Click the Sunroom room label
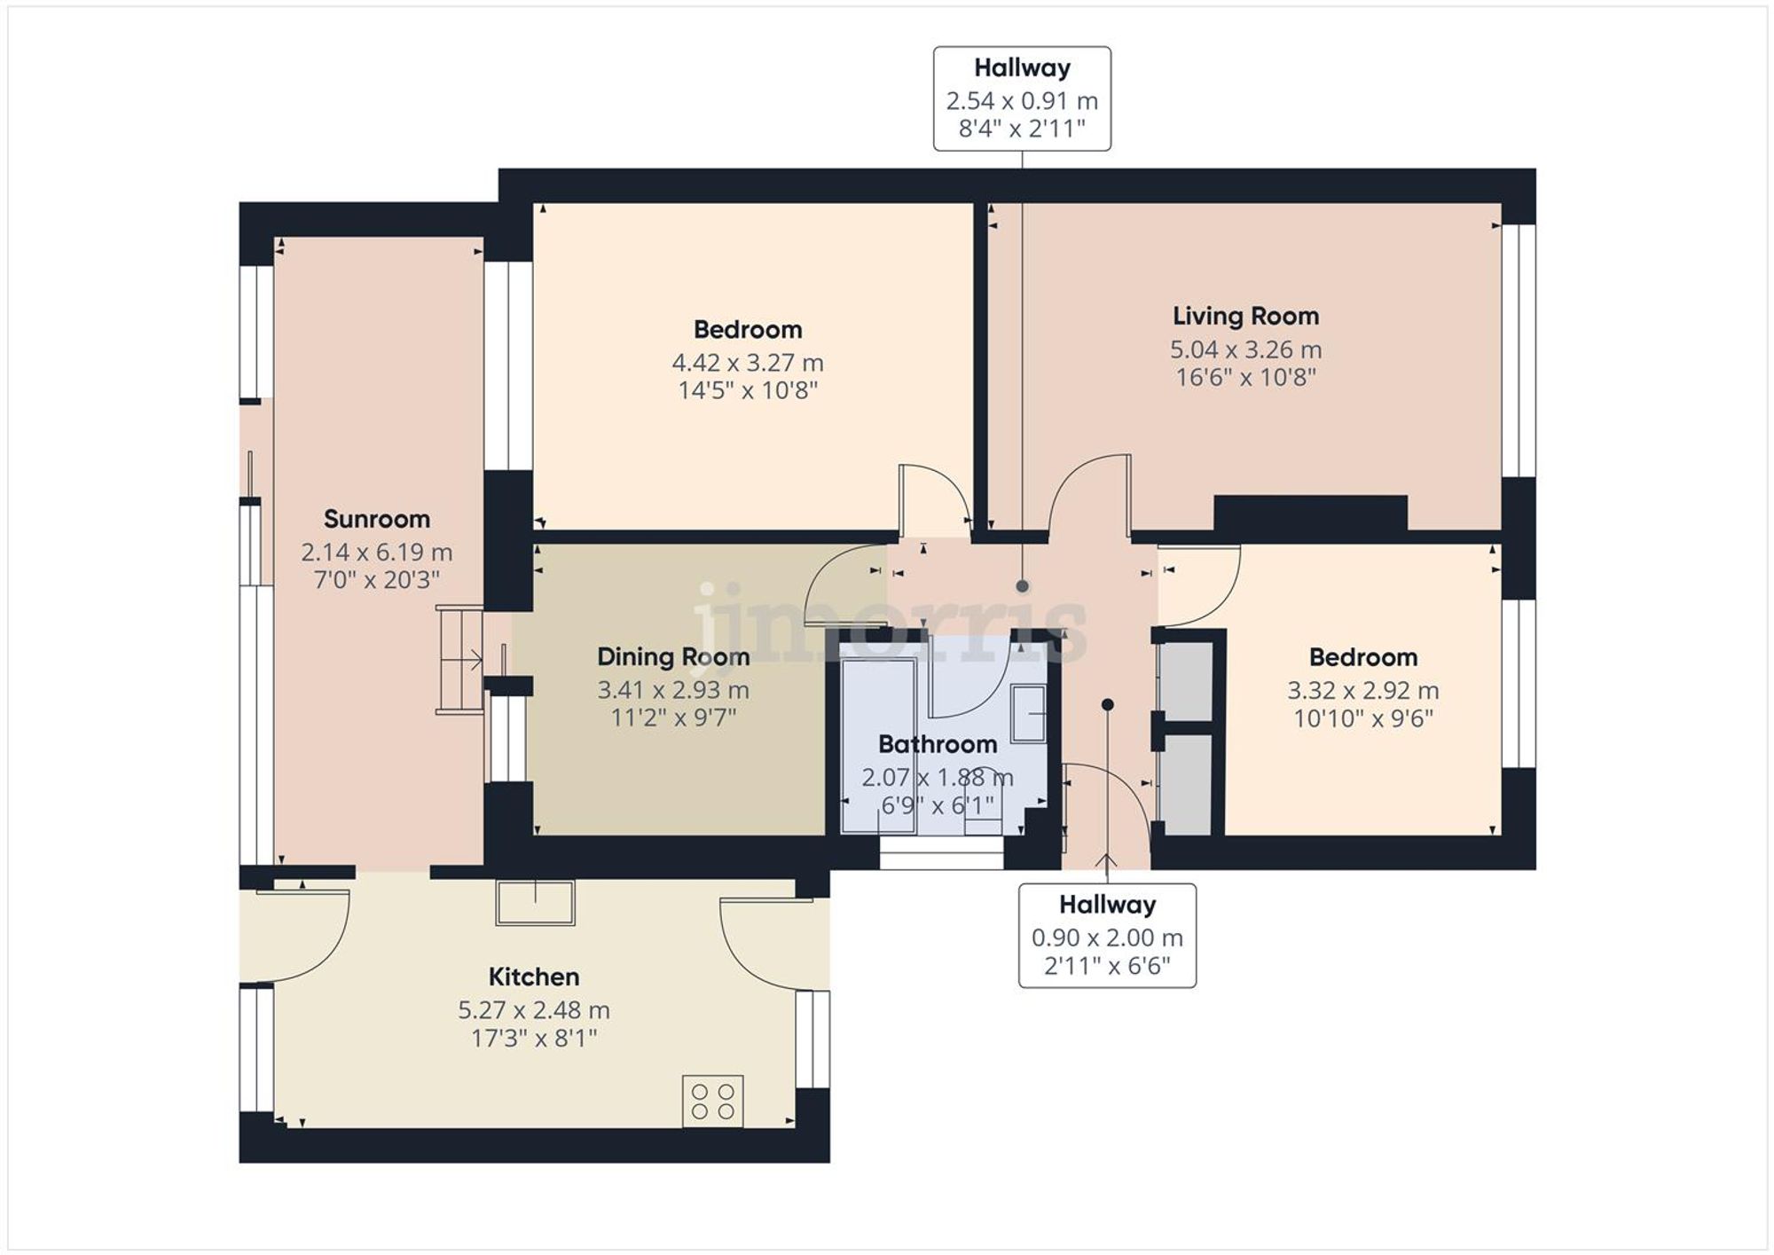376,519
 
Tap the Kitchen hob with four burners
712,1101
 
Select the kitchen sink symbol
535,902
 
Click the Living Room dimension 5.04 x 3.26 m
1244,349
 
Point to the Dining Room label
672,657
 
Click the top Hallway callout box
1022,98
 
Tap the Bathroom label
937,744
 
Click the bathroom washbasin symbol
1028,713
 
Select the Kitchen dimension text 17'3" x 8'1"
534,1038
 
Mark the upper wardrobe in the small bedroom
1186,680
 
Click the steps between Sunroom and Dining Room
459,660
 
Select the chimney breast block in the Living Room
1309,514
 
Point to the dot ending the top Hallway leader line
1022,586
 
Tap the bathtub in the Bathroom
878,745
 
